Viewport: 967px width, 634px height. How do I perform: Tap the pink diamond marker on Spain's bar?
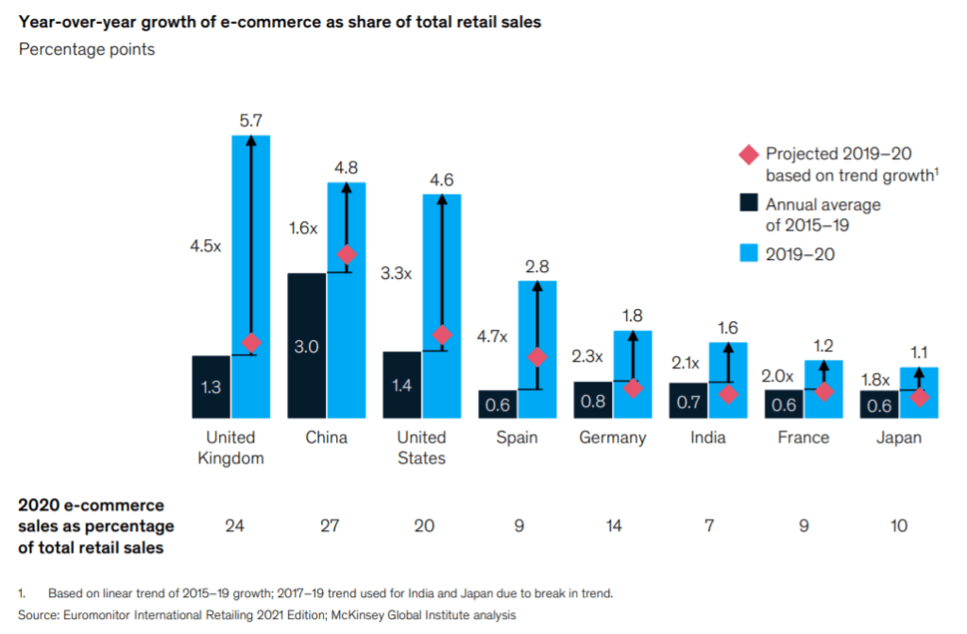tap(536, 357)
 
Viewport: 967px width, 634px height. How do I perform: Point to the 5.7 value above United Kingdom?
tap(251, 121)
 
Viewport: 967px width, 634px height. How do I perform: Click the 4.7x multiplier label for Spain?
tap(491, 336)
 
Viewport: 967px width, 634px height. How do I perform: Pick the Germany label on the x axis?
tap(613, 437)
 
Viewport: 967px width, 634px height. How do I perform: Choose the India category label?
tap(708, 437)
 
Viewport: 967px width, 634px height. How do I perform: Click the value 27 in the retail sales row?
tap(328, 526)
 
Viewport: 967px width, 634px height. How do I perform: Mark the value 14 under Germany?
tap(613, 526)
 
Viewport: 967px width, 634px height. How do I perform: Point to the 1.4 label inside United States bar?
tap(402, 385)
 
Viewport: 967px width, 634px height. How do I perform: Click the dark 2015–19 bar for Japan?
tap(879, 404)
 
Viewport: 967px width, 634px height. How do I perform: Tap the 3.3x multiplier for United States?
tap(396, 274)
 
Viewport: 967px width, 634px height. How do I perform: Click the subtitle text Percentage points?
tap(87, 49)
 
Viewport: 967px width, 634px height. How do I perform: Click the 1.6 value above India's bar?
tap(727, 329)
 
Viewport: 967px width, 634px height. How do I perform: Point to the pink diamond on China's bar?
tap(347, 255)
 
